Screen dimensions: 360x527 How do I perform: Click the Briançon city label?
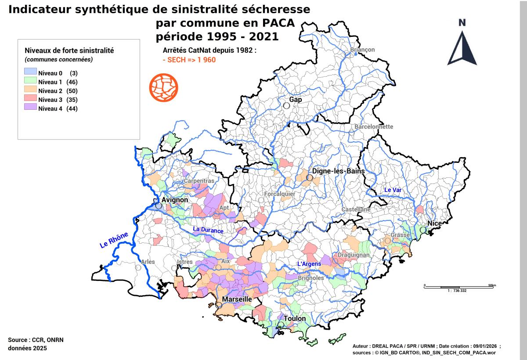coord(362,50)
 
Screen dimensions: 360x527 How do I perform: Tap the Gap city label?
coord(296,100)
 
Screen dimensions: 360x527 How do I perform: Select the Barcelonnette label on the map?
coord(374,127)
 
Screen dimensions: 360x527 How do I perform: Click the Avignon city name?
coord(175,200)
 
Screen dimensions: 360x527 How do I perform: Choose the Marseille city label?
coord(237,299)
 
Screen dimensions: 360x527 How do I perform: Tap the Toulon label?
coord(295,319)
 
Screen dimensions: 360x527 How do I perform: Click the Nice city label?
coord(434,223)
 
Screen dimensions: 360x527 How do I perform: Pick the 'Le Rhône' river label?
coord(114,241)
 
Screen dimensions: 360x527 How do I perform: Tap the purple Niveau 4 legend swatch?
coord(30,109)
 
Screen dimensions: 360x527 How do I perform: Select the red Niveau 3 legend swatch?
coord(30,100)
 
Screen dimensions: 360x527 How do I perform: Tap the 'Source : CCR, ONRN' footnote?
coord(32,340)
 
